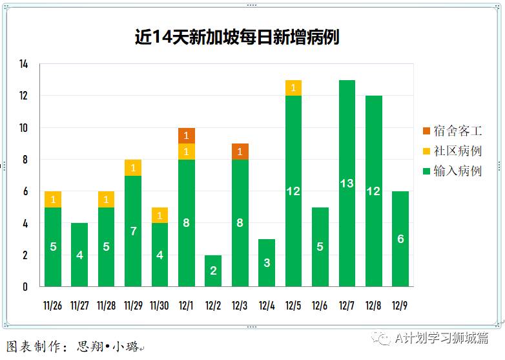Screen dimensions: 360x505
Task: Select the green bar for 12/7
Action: [347, 183]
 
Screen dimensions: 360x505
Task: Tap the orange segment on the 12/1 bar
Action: [187, 136]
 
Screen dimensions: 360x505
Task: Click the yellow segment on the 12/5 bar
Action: [293, 88]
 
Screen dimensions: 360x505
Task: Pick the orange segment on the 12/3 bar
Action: [240, 151]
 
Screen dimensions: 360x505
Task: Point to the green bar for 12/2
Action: [213, 271]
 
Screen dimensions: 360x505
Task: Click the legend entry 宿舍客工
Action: [451, 131]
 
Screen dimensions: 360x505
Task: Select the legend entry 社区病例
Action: [451, 151]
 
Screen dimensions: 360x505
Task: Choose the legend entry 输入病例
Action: [451, 171]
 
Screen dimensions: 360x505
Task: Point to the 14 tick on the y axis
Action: [24, 64]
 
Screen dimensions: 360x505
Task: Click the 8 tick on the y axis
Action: [25, 160]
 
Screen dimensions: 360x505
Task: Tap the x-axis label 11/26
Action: [53, 305]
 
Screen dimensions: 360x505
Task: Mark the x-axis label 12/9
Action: [400, 305]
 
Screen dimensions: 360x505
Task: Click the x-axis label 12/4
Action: [267, 305]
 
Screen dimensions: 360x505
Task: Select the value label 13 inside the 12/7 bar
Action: [347, 184]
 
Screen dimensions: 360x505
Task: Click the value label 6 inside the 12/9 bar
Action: [400, 239]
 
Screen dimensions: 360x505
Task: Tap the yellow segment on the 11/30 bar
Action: [160, 215]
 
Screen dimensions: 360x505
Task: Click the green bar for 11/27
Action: [79, 255]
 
